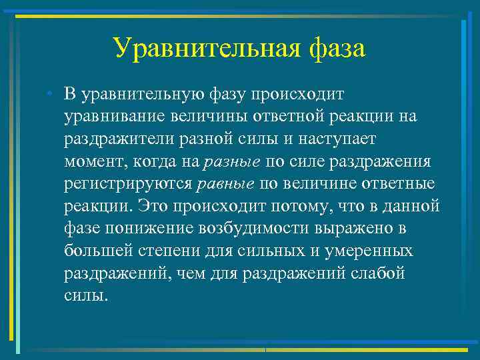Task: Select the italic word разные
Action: point(233,162)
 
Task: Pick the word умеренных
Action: point(374,251)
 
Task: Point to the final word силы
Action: point(85,296)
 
